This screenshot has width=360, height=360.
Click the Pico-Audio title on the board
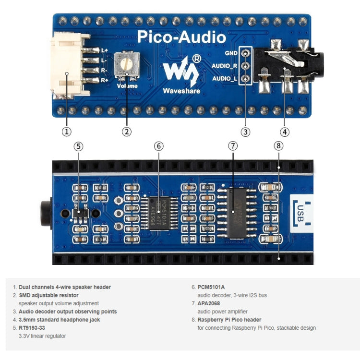(x=181, y=37)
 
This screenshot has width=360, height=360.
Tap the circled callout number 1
(x=67, y=131)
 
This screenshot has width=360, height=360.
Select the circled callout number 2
(x=127, y=131)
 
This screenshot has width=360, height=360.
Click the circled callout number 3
(x=246, y=131)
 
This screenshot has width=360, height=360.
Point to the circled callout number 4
(x=285, y=131)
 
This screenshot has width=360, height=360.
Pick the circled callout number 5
(x=79, y=146)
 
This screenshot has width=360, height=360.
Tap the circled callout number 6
(x=159, y=146)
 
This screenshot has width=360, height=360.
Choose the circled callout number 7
(x=233, y=146)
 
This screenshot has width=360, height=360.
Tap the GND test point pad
(x=246, y=54)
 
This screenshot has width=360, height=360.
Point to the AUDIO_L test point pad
(x=246, y=79)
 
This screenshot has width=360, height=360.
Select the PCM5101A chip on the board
(x=160, y=213)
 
